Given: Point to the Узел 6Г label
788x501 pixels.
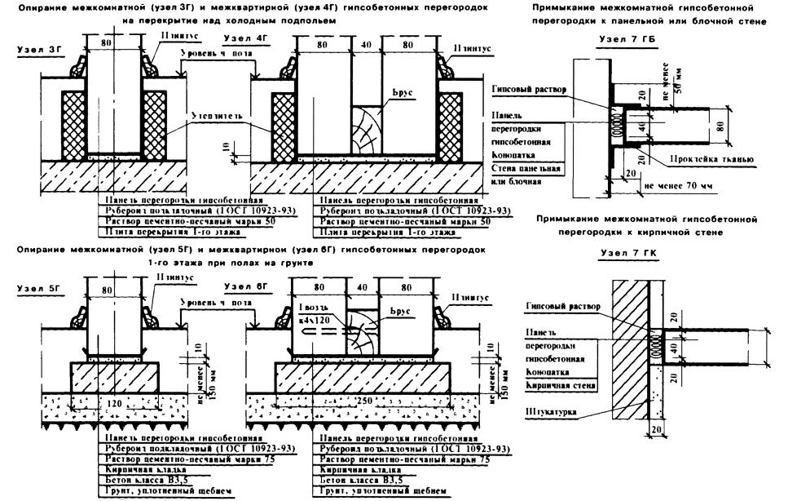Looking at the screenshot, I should tap(241, 288).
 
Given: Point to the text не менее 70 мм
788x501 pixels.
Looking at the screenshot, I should tap(678, 185).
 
